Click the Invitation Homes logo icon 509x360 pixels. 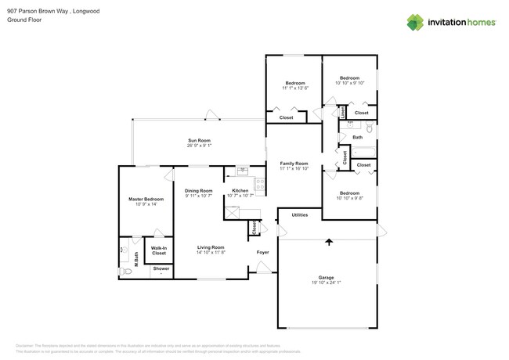point(415,22)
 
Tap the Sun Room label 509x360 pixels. point(199,141)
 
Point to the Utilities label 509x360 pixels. point(300,214)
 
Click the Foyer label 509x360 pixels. point(263,252)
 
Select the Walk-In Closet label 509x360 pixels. point(159,250)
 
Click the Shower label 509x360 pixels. point(161,268)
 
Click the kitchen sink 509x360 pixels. point(242,171)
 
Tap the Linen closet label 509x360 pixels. point(343,113)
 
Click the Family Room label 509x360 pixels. point(294,163)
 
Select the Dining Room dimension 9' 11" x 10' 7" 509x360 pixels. point(199,196)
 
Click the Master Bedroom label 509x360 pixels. point(146,199)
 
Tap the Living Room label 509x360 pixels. point(211,247)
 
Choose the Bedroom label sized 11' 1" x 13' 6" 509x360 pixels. point(295,83)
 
